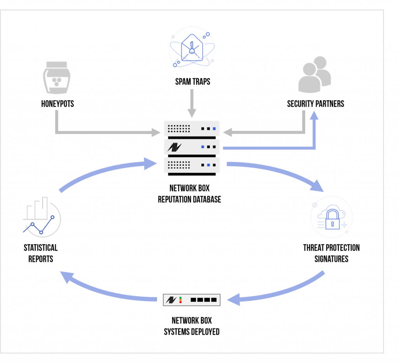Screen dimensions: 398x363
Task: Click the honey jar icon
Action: coord(57,78)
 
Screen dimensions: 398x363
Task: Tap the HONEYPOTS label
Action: coord(58,104)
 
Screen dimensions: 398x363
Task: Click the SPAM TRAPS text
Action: coord(193,82)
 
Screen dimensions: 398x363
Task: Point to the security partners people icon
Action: coord(315,74)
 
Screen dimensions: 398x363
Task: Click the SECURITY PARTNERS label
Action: coord(316,104)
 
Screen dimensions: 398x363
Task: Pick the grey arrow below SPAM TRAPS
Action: coord(192,103)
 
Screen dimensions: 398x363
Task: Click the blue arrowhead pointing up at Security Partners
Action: coord(314,116)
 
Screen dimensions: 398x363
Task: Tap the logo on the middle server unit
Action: coord(175,147)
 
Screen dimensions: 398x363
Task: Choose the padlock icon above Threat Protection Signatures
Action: coord(332,219)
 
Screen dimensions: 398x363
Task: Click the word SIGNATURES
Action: coord(331,259)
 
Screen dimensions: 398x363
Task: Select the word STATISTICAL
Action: coord(40,248)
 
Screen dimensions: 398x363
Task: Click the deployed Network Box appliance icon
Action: coord(192,300)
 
